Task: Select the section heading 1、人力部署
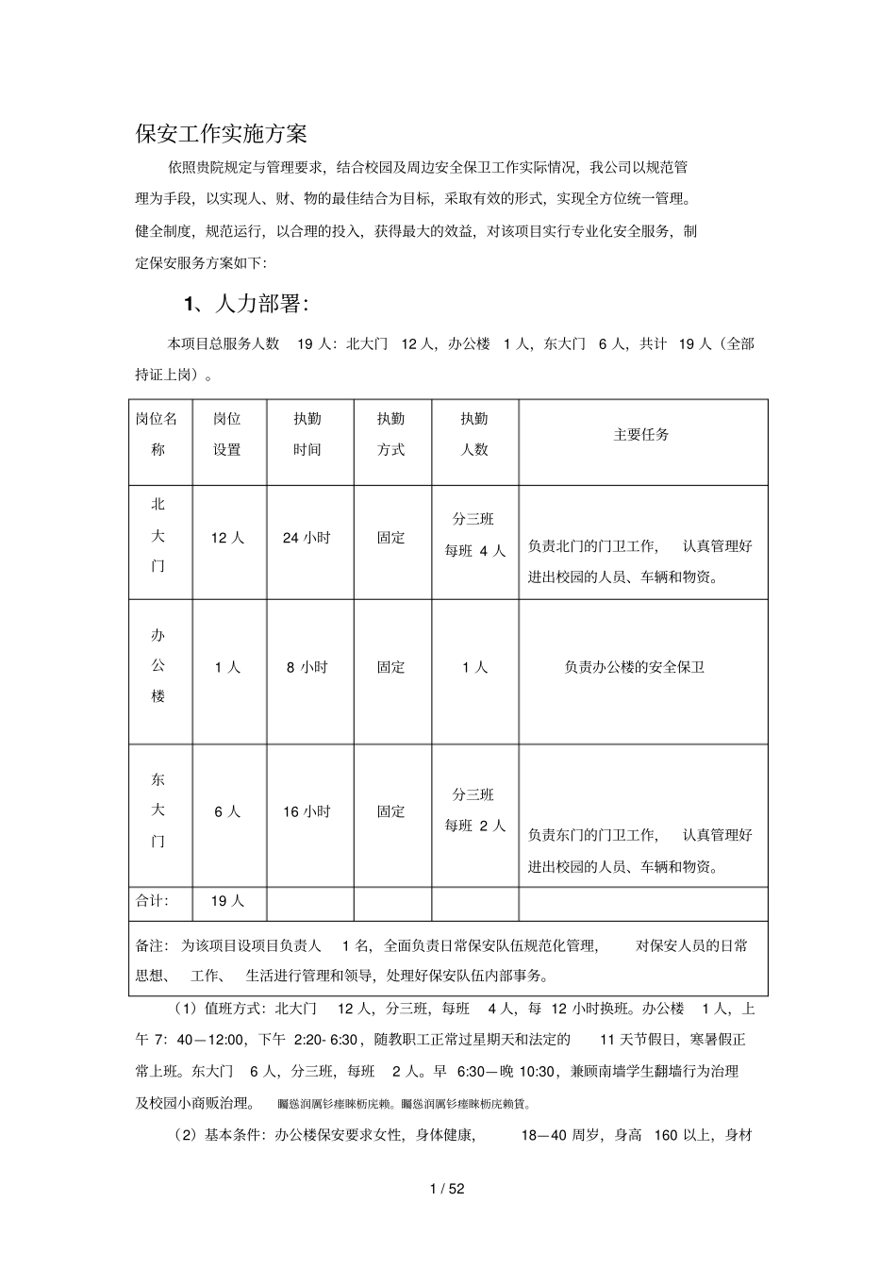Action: [245, 304]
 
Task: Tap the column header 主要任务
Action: [641, 435]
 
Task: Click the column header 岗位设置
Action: [227, 434]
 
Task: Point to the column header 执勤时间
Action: [307, 434]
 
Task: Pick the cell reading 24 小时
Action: [307, 538]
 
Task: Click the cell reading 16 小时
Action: [307, 811]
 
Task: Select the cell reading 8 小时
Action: [307, 667]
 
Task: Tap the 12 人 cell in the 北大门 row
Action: [227, 538]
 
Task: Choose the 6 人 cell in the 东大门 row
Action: [227, 811]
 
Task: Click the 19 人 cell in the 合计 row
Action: [227, 901]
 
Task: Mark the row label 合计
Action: [152, 901]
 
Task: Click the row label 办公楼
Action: [158, 666]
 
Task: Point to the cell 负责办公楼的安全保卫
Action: [635, 667]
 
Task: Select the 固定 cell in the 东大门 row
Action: [391, 811]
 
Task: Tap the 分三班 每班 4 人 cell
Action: [474, 535]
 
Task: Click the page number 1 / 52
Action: [447, 1189]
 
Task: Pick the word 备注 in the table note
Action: [151, 945]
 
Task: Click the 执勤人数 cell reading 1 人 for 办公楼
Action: [474, 667]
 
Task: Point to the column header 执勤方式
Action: [391, 434]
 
